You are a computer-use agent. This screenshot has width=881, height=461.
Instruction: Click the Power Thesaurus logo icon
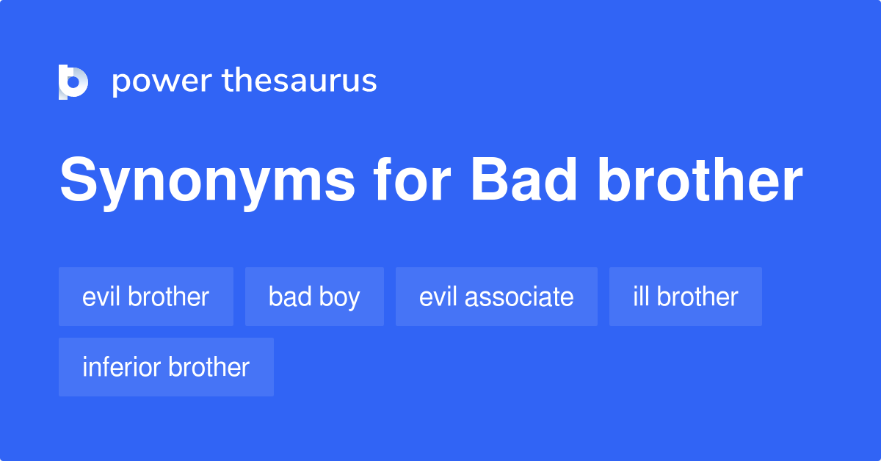tap(73, 81)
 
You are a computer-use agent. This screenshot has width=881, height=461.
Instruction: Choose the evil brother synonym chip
tap(146, 297)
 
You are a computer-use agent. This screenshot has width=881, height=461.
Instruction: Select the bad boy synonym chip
tap(314, 297)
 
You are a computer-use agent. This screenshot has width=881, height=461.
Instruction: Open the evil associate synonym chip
tap(496, 297)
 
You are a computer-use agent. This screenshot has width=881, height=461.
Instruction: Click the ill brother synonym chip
tap(685, 297)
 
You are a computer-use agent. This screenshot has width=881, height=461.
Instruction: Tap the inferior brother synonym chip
tap(166, 367)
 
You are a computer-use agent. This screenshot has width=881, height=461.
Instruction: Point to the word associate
tap(519, 297)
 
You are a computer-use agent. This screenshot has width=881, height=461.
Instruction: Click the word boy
tap(340, 297)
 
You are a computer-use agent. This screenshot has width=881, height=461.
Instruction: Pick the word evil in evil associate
tap(438, 297)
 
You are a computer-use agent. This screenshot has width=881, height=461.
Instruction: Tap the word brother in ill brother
tap(697, 297)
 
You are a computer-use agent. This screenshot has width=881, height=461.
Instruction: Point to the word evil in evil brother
tap(101, 297)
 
